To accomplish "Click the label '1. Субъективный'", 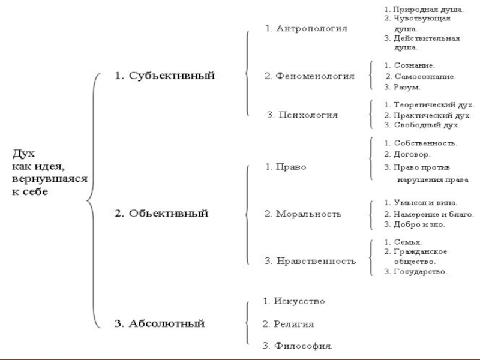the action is coord(164,76).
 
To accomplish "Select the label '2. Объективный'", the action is coord(161,213).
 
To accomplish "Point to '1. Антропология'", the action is coord(306,29).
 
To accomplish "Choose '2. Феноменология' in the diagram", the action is coord(310,76).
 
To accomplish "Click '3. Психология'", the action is coord(302,115).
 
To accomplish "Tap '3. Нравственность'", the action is coord(310,261).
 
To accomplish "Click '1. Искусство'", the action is coord(294,301).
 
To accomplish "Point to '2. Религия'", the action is coord(289,324).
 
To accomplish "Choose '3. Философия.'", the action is coord(298,346).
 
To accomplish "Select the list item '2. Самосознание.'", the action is coord(421,77).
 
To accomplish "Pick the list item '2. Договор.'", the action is coord(407,154).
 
